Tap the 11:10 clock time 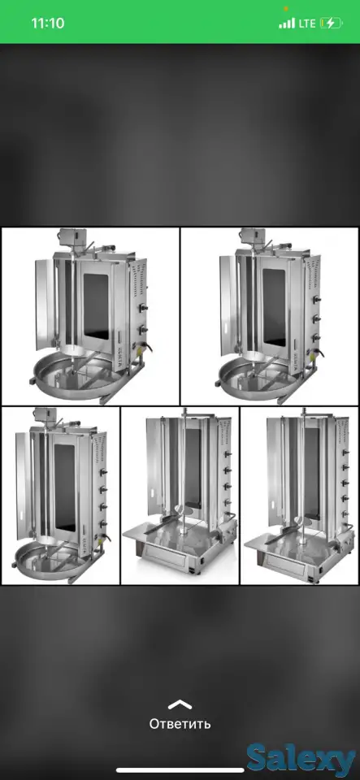click(48, 24)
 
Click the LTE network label click(307, 24)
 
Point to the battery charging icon click(332, 24)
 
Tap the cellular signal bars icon click(287, 24)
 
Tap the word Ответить click(180, 724)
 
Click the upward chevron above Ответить click(180, 704)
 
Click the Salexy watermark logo click(302, 759)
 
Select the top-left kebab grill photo click(90, 316)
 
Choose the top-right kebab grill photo click(270, 316)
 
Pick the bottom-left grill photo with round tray click(60, 496)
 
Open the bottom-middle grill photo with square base click(180, 496)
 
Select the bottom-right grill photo click(299, 496)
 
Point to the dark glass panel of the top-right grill click(274, 307)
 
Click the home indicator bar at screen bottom click(180, 770)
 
